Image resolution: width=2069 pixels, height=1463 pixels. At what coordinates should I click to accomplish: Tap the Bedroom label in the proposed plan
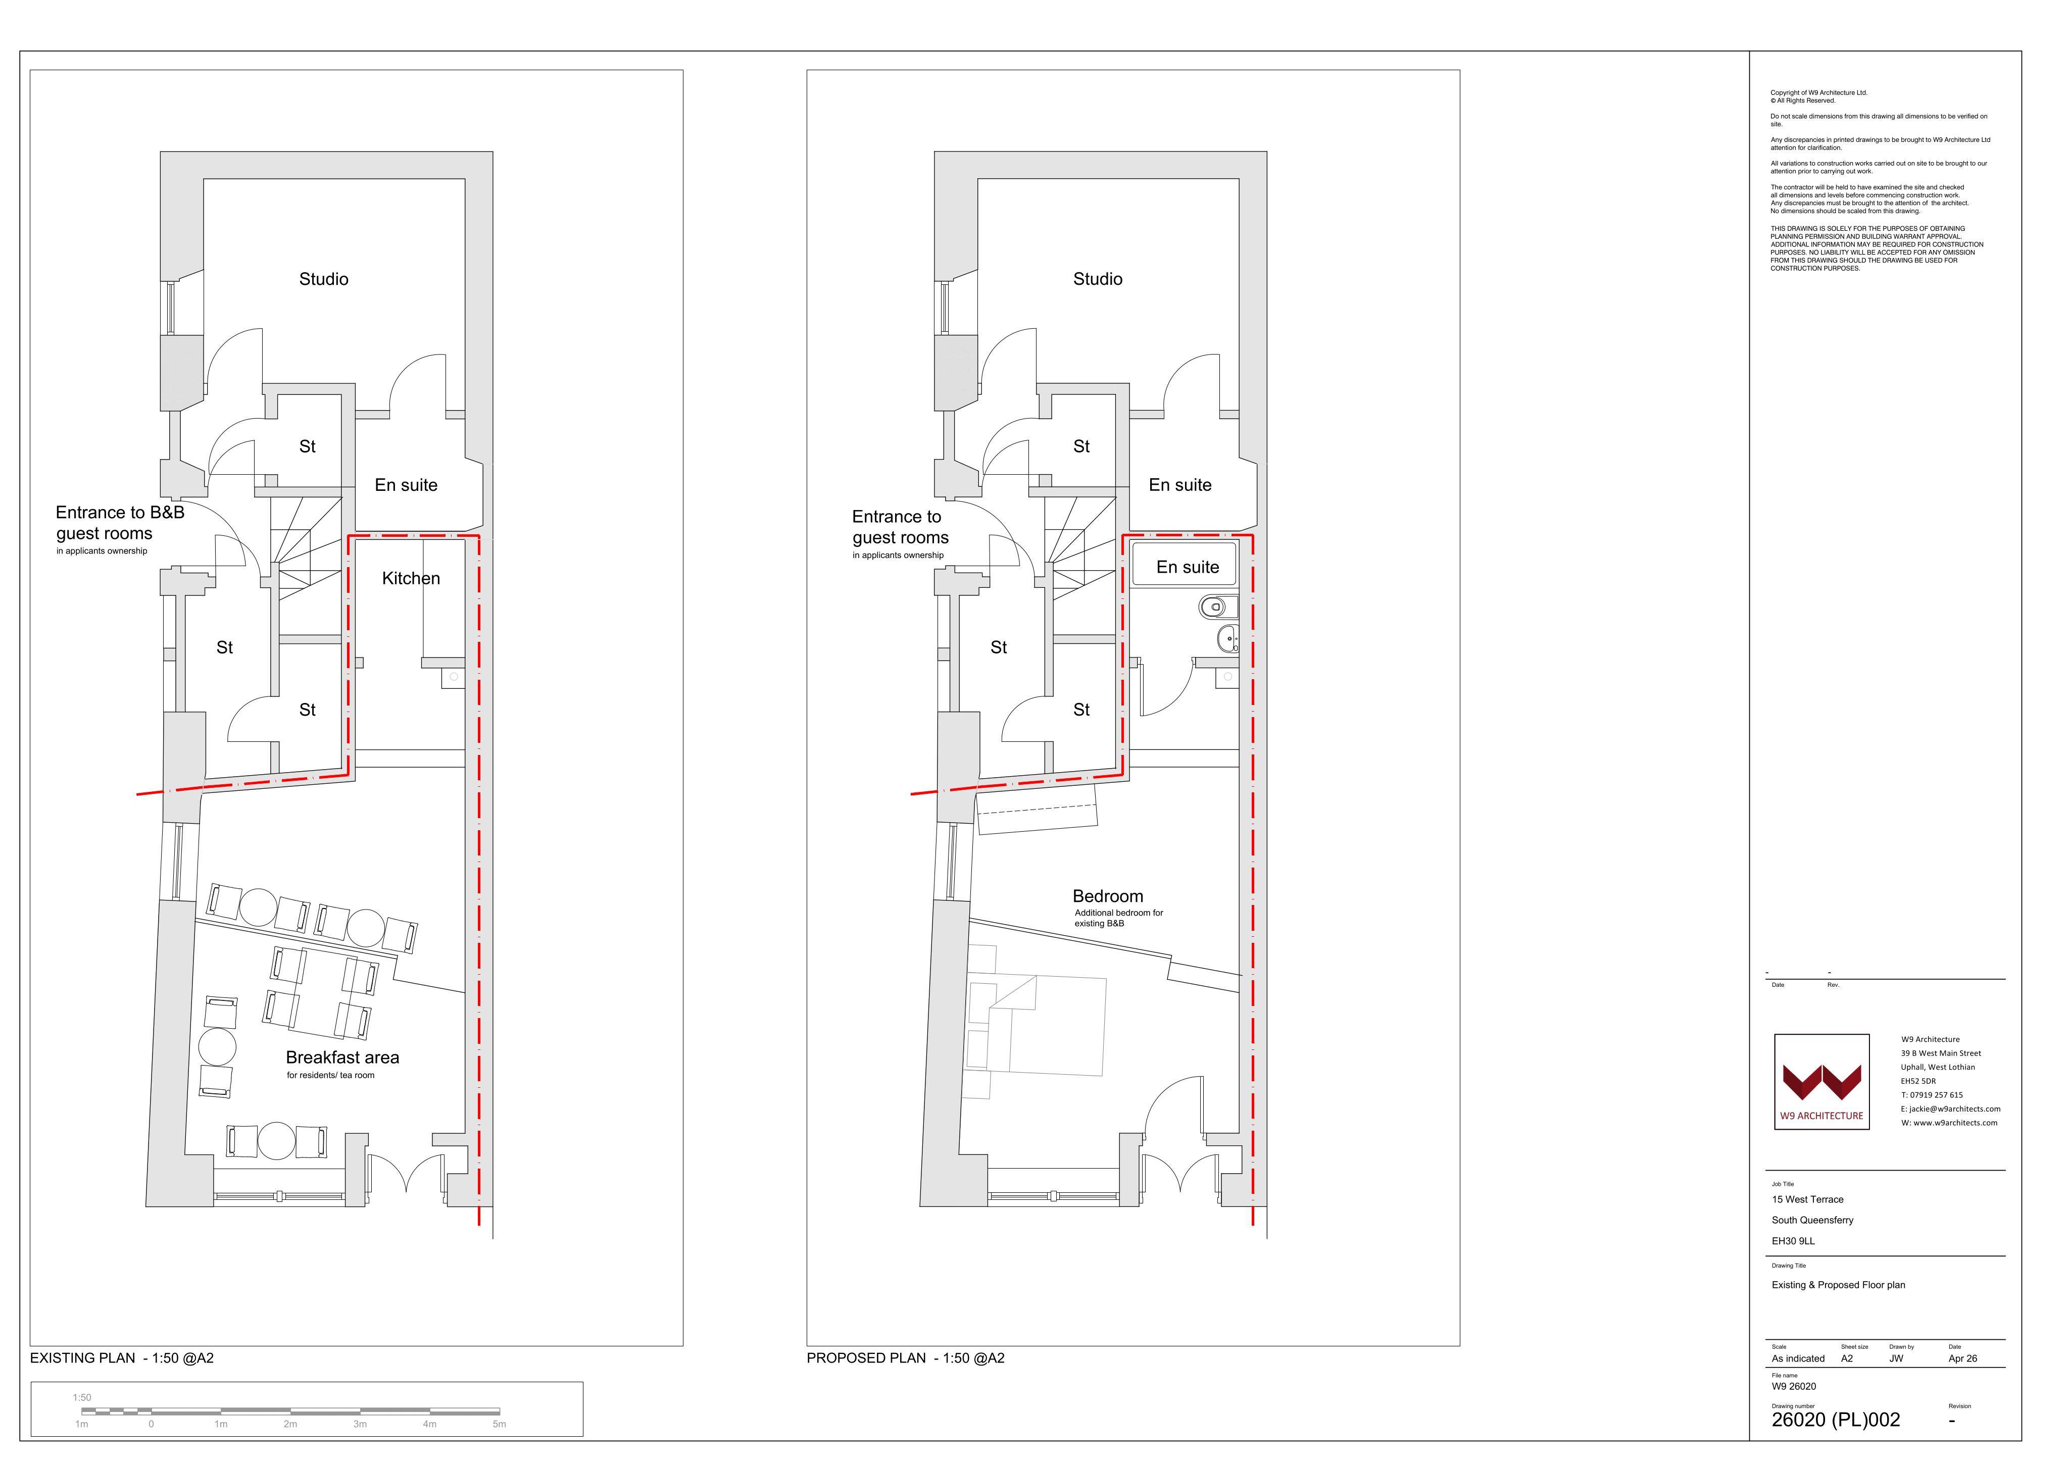click(x=1108, y=896)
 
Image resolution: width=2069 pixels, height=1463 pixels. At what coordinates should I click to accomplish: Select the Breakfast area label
click(x=342, y=1057)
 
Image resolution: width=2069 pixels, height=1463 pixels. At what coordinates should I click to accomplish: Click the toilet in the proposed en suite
click(x=1216, y=607)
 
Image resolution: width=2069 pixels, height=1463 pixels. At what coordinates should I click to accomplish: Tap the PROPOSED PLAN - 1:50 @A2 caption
click(x=906, y=1358)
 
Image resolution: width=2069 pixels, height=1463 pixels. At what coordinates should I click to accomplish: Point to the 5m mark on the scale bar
click(x=499, y=1424)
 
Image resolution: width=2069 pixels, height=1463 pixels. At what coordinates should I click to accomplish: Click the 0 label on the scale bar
click(x=152, y=1424)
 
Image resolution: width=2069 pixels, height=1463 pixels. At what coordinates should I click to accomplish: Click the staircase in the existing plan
click(x=307, y=548)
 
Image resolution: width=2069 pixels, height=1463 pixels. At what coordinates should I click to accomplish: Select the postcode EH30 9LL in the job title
click(x=1793, y=1241)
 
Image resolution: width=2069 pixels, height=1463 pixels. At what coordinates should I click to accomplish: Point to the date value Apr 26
click(x=1962, y=1358)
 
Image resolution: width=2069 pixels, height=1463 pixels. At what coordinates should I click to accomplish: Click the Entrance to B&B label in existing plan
click(x=120, y=513)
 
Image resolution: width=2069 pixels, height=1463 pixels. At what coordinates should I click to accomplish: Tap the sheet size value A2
click(x=1847, y=1358)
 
